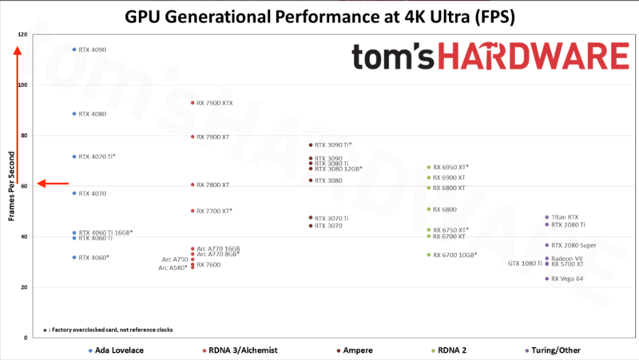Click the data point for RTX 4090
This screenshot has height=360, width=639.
[74, 49]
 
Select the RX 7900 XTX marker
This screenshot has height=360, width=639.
[192, 103]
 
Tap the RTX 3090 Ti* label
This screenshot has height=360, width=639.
[333, 145]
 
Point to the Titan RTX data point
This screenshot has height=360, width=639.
[547, 217]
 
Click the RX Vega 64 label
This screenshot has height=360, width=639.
[567, 279]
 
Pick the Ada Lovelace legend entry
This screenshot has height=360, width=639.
[114, 350]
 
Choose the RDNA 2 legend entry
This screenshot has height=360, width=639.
[458, 350]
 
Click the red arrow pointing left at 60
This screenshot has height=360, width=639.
[53, 184]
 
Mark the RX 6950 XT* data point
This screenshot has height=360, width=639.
[429, 168]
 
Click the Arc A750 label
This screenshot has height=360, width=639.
[175, 259]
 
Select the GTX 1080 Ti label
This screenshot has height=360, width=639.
[525, 263]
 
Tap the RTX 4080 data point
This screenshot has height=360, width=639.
[74, 113]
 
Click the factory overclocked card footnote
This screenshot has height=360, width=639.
[107, 330]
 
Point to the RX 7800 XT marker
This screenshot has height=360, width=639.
[192, 184]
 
